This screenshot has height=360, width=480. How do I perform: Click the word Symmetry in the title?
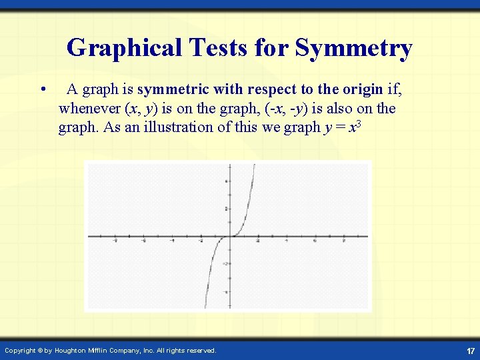353,48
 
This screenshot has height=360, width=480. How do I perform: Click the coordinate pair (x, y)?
141,108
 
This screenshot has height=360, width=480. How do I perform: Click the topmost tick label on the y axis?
226,181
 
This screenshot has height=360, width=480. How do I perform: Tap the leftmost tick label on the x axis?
115,241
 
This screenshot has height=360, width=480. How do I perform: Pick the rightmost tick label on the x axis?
343,241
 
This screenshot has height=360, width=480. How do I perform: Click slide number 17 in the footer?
471,351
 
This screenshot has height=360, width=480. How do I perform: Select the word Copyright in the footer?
19,350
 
